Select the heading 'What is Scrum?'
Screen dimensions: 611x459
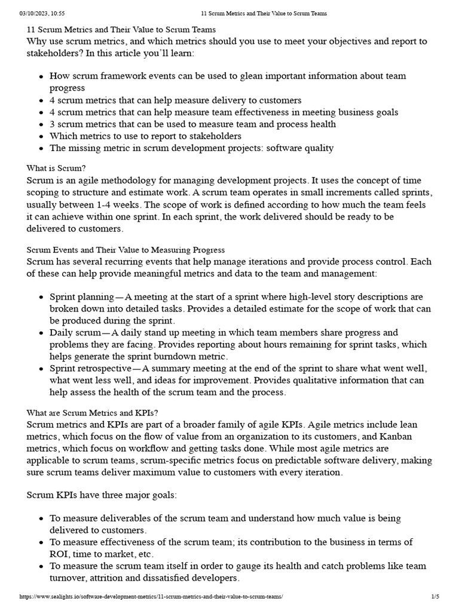pos(60,168)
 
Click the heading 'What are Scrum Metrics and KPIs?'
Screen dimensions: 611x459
pos(93,413)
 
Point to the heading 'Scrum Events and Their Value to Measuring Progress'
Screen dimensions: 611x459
pos(126,250)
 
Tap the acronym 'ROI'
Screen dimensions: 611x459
pos(59,554)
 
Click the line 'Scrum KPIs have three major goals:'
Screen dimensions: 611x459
pos(102,495)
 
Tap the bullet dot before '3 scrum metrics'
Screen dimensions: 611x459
pos(41,125)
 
